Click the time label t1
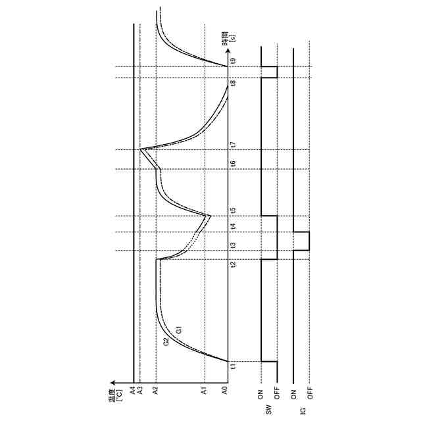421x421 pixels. [234, 366]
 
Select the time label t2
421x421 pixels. [234, 264]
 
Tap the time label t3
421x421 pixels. [234, 245]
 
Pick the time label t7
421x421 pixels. [234, 145]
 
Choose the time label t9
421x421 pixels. [234, 61]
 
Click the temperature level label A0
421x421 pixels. [226, 390]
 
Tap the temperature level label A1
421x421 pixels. [205, 390]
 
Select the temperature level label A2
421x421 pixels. [156, 390]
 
